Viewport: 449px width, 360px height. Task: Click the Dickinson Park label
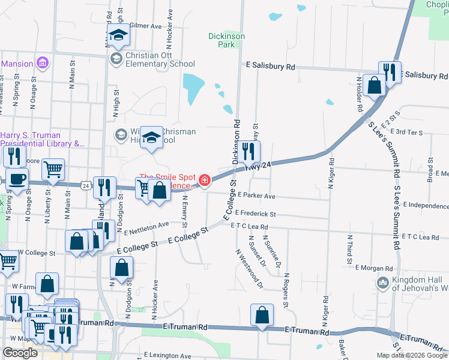pyautogui.click(x=226, y=40)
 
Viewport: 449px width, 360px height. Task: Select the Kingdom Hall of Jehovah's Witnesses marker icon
pyautogui.click(x=382, y=282)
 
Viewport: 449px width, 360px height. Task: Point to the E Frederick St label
pyautogui.click(x=255, y=214)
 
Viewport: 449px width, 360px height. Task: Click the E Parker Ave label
pyautogui.click(x=256, y=196)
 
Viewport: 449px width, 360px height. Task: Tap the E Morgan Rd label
pyautogui.click(x=373, y=268)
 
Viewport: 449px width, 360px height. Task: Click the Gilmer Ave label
pyautogui.click(x=146, y=26)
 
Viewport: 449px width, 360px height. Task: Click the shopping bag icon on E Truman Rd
pyautogui.click(x=262, y=314)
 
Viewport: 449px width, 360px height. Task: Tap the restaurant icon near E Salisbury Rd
pyautogui.click(x=390, y=73)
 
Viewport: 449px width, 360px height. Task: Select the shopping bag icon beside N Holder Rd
pyautogui.click(x=374, y=85)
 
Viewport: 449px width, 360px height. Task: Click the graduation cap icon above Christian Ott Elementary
pyautogui.click(x=119, y=35)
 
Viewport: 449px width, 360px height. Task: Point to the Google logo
pyautogui.click(x=20, y=353)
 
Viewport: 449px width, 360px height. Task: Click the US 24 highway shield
pyautogui.click(x=86, y=186)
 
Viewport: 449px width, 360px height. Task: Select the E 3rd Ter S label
pyautogui.click(x=406, y=131)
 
